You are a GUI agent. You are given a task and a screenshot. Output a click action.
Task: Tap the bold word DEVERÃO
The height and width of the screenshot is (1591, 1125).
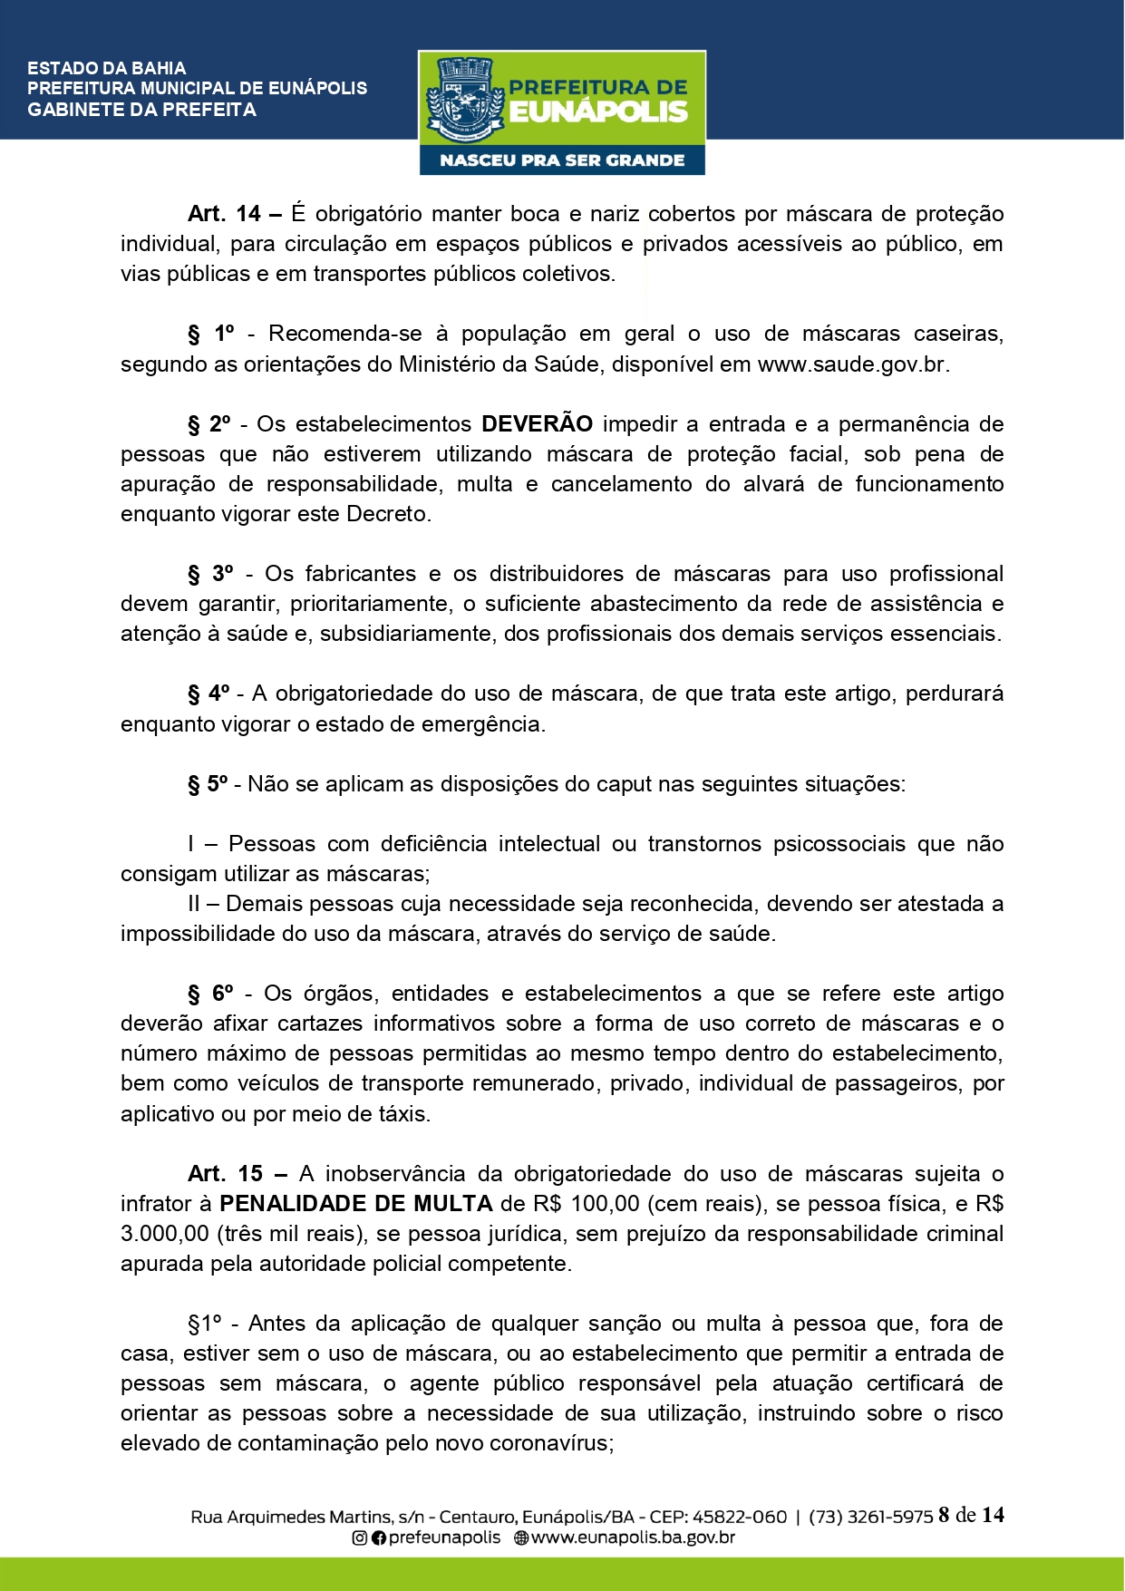537,424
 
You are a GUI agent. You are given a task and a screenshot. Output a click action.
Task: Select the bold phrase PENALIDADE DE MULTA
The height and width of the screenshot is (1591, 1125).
356,1204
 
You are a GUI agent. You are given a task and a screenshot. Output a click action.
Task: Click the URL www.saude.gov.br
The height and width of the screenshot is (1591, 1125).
851,364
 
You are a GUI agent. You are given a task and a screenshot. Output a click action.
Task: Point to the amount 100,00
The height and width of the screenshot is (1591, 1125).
604,1204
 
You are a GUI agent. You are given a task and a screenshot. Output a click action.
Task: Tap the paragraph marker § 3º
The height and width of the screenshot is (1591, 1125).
210,574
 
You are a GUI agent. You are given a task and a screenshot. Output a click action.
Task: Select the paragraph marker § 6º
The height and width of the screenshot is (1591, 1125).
210,994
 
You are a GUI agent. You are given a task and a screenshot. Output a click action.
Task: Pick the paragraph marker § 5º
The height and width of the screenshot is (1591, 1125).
209,784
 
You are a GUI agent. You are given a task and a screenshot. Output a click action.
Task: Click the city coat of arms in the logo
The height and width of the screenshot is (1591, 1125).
463,99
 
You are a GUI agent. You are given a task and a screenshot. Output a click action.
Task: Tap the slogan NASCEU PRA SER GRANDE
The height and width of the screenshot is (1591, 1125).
562,160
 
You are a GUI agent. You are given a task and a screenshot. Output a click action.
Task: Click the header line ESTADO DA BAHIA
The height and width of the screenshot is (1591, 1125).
107,68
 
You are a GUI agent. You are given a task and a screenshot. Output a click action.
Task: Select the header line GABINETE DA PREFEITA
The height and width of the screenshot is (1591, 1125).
142,110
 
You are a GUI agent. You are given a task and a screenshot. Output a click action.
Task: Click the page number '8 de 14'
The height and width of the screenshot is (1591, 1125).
971,1515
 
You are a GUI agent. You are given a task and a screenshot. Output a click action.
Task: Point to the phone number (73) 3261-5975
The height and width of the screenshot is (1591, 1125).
870,1517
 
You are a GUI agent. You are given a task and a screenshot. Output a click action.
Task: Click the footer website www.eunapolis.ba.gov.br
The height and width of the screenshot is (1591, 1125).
633,1538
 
